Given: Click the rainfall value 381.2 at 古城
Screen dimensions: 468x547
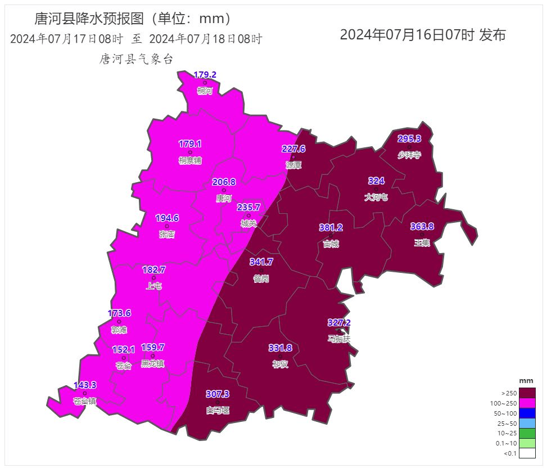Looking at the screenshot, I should (x=331, y=228).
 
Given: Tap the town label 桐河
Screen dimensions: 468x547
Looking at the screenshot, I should (x=205, y=91).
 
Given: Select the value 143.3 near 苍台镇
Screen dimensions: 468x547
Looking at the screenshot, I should (x=85, y=385).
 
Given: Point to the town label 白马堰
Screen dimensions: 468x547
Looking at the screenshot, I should (x=218, y=410).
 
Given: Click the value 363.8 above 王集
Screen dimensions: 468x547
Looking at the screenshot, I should (x=422, y=227).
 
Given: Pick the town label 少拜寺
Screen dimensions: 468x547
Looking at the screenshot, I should (x=409, y=155).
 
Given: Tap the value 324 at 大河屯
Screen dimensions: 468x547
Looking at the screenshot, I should (x=376, y=181).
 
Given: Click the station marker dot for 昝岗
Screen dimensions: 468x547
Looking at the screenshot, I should (x=261, y=271).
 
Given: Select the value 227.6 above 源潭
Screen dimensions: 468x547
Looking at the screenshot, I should (x=293, y=149).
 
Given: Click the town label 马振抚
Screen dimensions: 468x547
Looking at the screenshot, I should (x=339, y=339).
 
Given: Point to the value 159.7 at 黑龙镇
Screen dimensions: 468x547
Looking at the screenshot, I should (x=152, y=348).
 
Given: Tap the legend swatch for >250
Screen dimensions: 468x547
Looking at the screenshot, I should (x=527, y=393).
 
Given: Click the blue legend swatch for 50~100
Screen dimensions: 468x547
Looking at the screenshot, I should (x=527, y=413).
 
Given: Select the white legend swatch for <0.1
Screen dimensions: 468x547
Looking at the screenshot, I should (x=527, y=453).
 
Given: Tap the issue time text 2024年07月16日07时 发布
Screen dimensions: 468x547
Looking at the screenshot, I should (x=423, y=35).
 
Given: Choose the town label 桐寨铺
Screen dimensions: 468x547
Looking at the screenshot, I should (x=190, y=161).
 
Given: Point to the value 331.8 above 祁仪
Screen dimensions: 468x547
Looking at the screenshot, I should (x=280, y=348).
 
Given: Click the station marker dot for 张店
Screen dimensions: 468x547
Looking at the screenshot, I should (x=167, y=226).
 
